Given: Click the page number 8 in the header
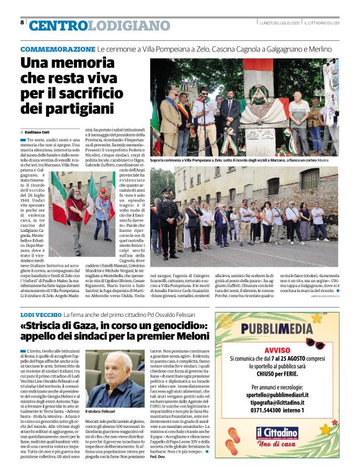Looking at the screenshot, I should click(x=22, y=23).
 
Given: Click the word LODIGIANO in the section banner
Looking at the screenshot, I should click(x=128, y=26).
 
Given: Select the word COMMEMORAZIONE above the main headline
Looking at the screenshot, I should click(x=58, y=48).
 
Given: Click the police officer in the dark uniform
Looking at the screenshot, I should click(x=168, y=214).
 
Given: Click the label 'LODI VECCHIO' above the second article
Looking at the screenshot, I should click(x=40, y=316).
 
